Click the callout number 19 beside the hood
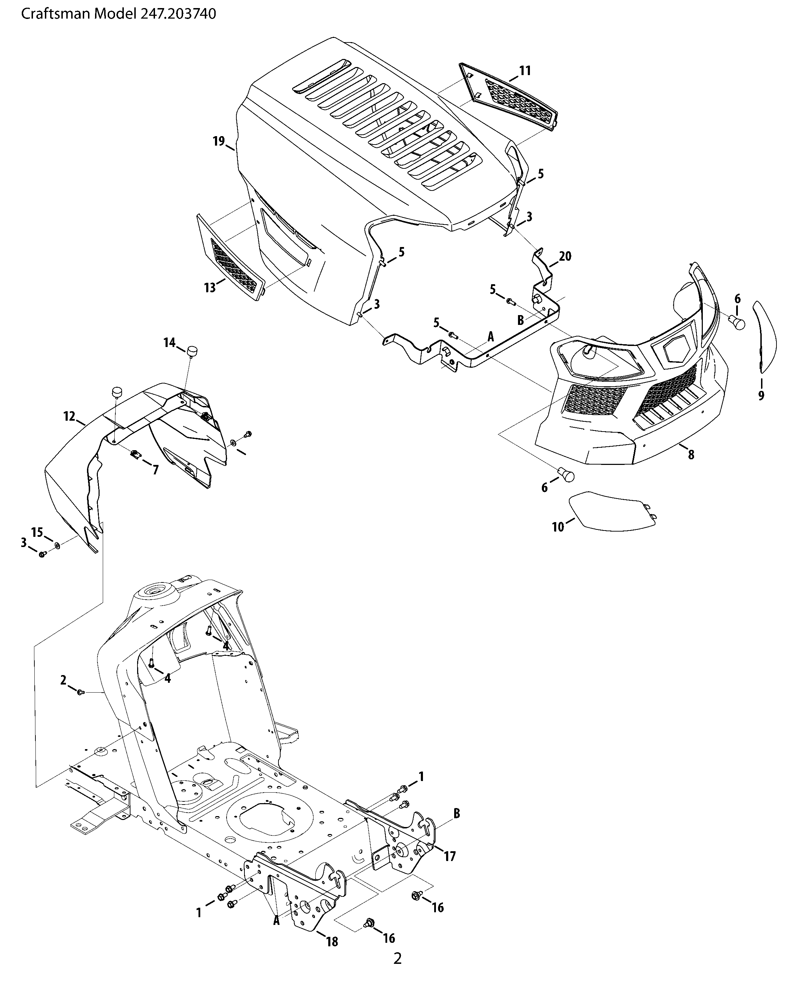point(219,141)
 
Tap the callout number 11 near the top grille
point(525,71)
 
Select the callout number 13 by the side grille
point(210,288)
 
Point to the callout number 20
point(565,256)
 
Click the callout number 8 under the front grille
point(691,455)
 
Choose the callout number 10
point(558,527)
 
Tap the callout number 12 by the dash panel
point(69,416)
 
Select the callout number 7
point(156,470)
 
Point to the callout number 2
point(63,680)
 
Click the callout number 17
point(450,856)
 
